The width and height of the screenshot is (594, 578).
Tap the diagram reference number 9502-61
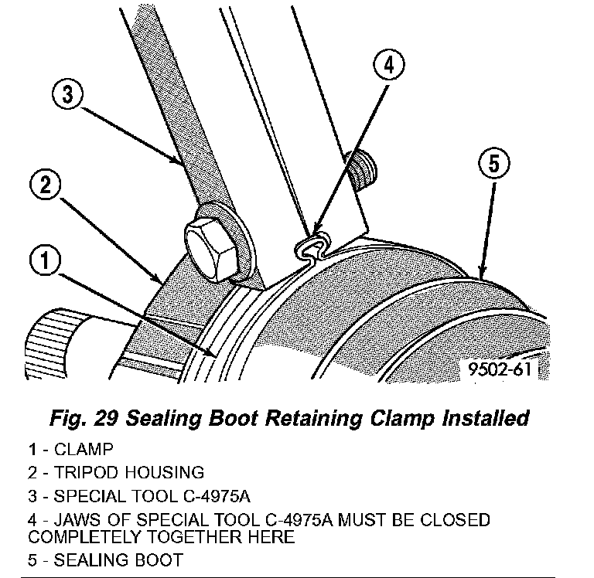(500, 369)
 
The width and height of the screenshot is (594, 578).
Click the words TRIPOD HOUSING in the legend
(127, 471)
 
